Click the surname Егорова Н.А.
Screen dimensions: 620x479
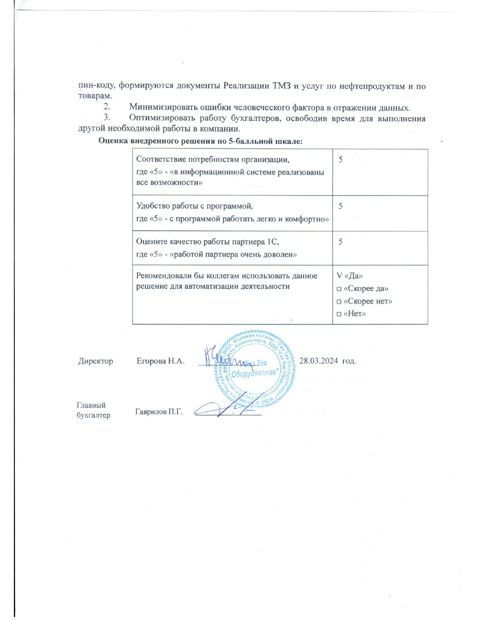(160, 361)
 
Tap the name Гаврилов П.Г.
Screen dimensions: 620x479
(159, 411)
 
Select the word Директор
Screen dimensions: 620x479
(95, 361)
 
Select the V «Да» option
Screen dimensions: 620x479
(350, 276)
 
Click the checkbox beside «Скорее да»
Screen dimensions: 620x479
(339, 289)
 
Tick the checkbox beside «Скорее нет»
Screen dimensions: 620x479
(339, 302)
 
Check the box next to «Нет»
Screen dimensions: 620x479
(339, 314)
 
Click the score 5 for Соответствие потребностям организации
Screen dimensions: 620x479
(340, 159)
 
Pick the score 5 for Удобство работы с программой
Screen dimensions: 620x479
(340, 206)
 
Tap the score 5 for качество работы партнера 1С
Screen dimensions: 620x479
(340, 242)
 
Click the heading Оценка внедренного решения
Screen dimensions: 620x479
(200, 141)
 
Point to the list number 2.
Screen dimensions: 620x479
(107, 108)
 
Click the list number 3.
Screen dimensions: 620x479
(107, 118)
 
